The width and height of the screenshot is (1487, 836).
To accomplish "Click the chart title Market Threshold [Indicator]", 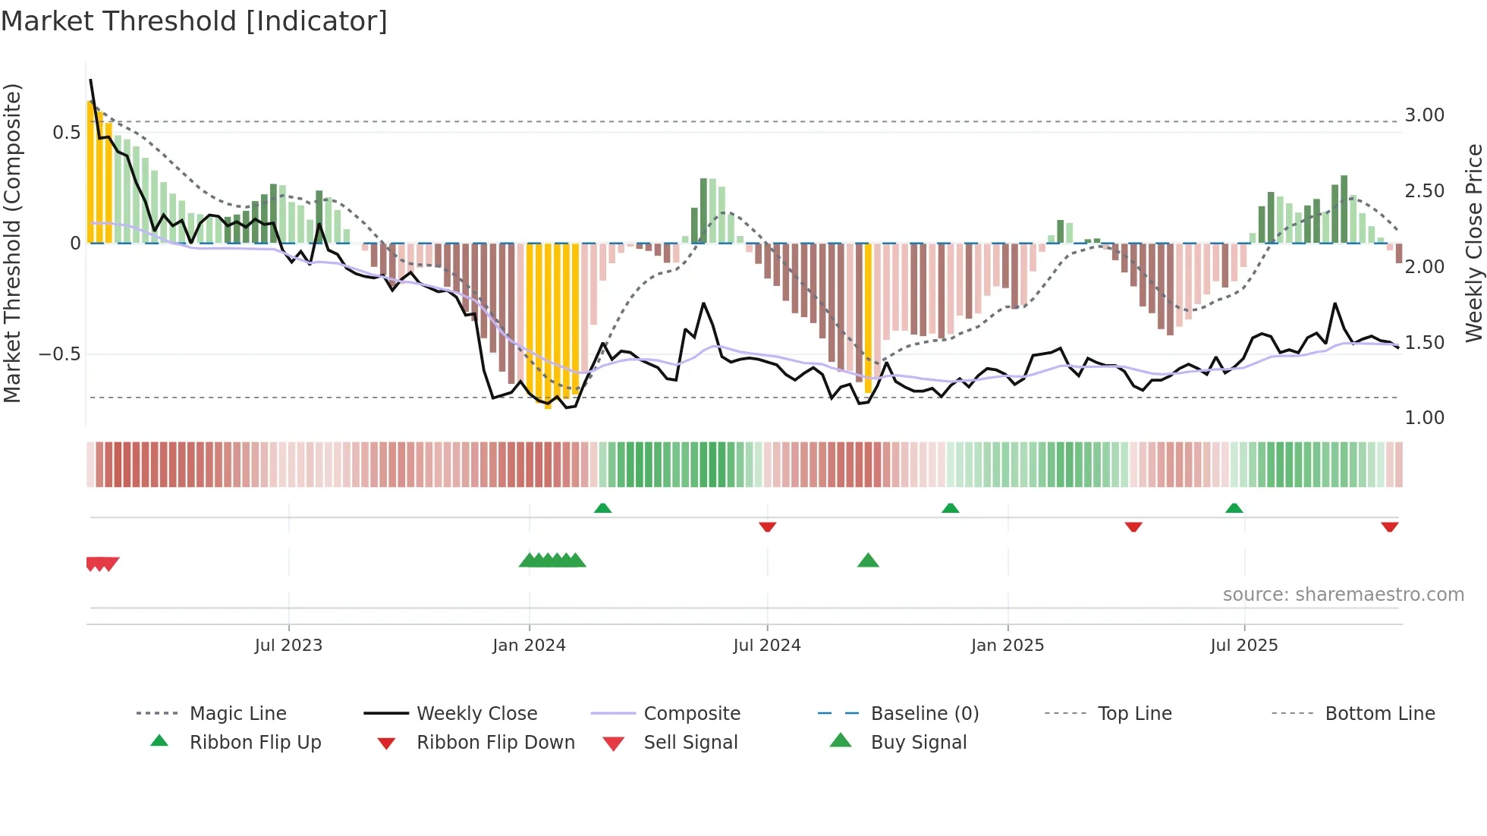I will point(194,21).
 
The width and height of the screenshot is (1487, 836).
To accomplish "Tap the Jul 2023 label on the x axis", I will point(288,646).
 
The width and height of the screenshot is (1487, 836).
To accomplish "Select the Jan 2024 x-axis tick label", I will point(529,646).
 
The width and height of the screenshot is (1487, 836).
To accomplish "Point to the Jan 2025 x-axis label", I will point(1008,646).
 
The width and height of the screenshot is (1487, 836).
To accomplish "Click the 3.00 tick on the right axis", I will point(1424,115).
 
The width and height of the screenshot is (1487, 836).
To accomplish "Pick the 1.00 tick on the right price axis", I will point(1424,418).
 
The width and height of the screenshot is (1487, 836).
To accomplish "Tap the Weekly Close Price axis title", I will point(1473,243).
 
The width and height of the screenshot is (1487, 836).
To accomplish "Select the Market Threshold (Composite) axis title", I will point(12,243).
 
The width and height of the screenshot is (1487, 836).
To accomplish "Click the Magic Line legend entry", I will point(237,714).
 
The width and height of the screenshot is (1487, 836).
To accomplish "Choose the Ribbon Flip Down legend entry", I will point(495,743).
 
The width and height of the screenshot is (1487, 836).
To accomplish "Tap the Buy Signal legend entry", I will point(918,743).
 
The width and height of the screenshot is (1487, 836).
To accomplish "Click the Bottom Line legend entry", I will point(1379,714).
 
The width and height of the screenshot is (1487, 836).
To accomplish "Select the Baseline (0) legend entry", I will point(924,714).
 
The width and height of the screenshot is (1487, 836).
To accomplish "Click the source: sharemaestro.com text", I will point(1343,595).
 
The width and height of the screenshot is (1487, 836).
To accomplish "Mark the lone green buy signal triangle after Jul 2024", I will point(868,561).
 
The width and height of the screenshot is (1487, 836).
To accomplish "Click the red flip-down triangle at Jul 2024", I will point(767,526).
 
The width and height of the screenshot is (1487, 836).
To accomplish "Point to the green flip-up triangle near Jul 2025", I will point(1234,508).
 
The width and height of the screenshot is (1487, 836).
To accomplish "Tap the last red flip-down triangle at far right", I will point(1389,526).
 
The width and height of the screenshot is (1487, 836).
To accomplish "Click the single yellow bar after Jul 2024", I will point(868,319).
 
